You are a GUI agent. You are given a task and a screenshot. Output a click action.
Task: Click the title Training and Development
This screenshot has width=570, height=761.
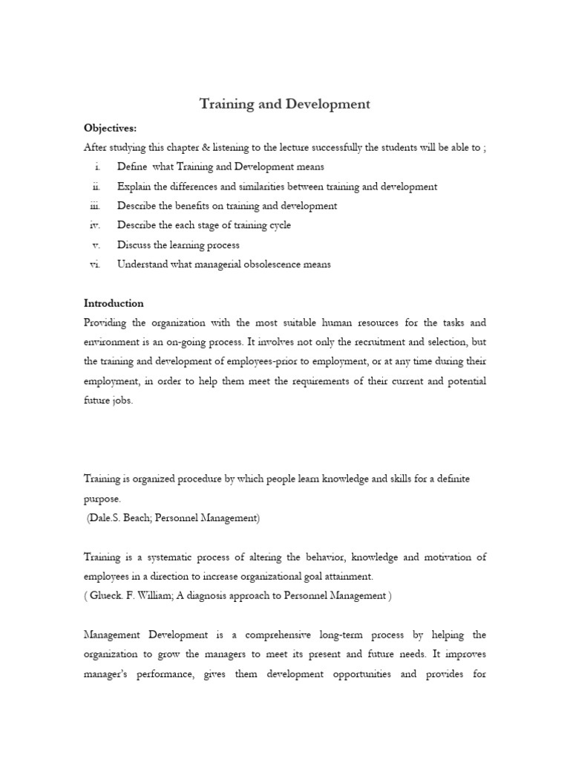coord(284,104)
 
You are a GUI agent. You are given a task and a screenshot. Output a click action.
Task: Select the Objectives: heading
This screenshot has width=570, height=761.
coord(110,129)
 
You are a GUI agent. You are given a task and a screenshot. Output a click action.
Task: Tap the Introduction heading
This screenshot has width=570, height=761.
coord(114,303)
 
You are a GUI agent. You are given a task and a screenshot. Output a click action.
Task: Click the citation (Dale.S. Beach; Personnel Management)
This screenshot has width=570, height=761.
coord(174,519)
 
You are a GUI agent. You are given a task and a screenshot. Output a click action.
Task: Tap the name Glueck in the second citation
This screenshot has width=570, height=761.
coord(107,595)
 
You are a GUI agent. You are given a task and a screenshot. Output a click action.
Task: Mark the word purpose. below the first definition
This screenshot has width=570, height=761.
coord(102,499)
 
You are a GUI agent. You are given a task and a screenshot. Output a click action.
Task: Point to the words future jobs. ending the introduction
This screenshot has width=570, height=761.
coord(108,400)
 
